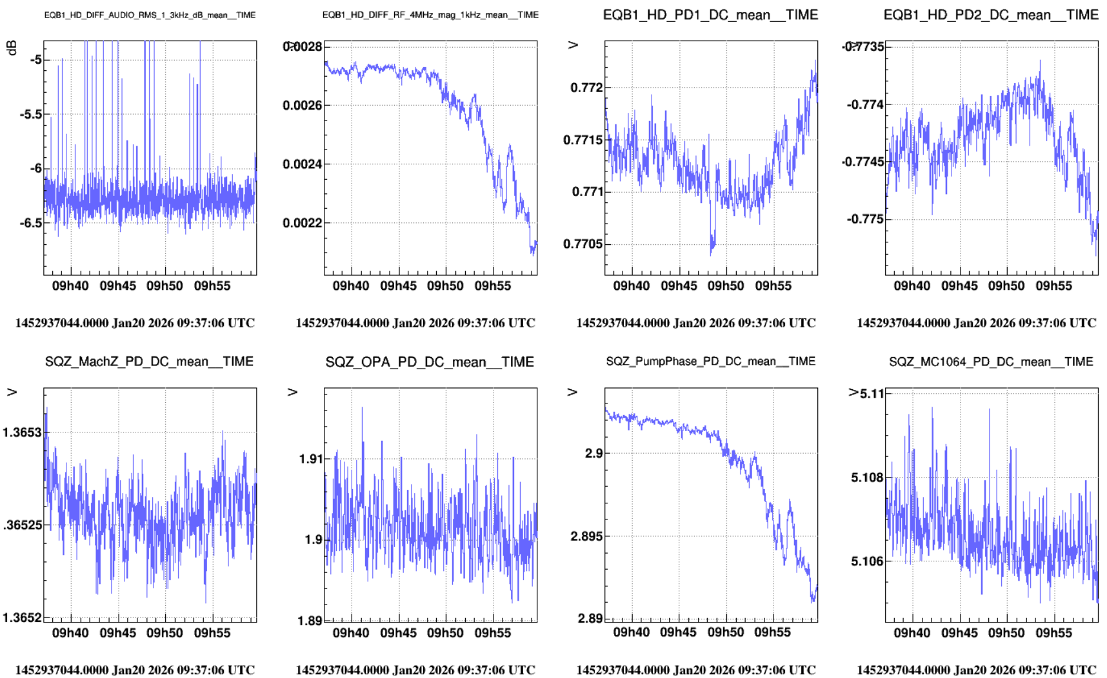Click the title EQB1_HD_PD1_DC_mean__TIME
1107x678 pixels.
710,15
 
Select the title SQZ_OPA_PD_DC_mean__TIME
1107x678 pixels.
430,362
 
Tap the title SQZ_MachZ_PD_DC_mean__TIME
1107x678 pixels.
149,362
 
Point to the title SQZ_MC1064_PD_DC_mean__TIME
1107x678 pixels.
991,362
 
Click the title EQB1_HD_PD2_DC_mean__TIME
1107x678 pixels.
991,15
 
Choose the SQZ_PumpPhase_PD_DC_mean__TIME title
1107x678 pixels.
710,362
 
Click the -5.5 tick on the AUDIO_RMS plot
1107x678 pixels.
30,114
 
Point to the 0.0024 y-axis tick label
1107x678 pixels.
302,164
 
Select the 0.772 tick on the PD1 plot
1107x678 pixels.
586,88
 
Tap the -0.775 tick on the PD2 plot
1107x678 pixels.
865,219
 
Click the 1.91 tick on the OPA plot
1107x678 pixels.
310,459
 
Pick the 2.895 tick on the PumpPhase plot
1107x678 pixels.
586,537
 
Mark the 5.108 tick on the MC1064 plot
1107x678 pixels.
867,478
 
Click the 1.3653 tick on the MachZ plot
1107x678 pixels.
22,432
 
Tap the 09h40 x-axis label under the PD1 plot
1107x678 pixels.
631,286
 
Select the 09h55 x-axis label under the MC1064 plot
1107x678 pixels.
1053,633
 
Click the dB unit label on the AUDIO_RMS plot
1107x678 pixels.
12,48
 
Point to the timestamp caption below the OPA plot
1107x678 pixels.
415,670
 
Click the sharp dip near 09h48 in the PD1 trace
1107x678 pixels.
712,248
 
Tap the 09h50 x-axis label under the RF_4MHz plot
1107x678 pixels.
445,286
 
